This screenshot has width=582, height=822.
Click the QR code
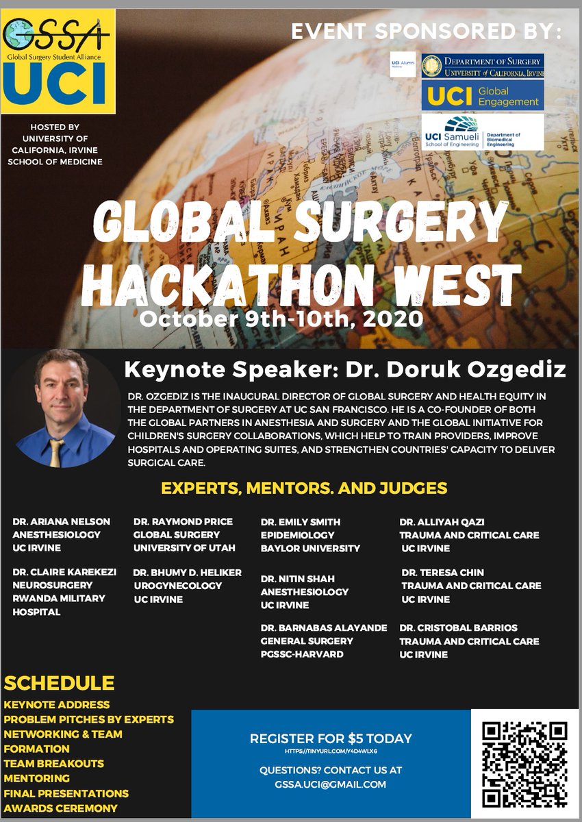525,764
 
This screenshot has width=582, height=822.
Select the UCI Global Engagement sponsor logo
482,95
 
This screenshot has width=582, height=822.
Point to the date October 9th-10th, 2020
281,318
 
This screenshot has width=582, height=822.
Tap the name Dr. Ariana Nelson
61,521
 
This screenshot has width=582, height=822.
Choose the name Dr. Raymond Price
183,521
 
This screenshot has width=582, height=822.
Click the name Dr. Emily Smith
300,521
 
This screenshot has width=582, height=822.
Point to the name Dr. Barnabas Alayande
323,627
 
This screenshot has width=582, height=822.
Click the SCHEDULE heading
59,683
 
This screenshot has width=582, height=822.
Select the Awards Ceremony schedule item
60,808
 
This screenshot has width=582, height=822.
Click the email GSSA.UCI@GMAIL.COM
331,784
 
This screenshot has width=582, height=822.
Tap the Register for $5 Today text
331,738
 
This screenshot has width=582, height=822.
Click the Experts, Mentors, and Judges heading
303,488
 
